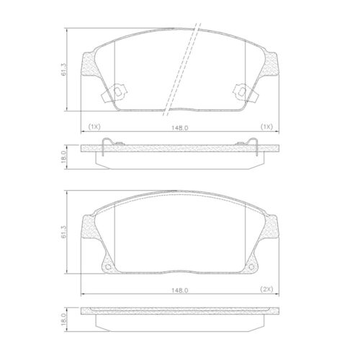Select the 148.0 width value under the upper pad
pyautogui.click(x=179, y=128)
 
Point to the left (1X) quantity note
pyautogui.click(x=94, y=127)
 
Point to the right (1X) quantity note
pyautogui.click(x=266, y=127)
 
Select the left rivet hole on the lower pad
pyautogui.click(x=109, y=268)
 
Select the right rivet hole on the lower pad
pyautogui.click(x=250, y=268)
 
